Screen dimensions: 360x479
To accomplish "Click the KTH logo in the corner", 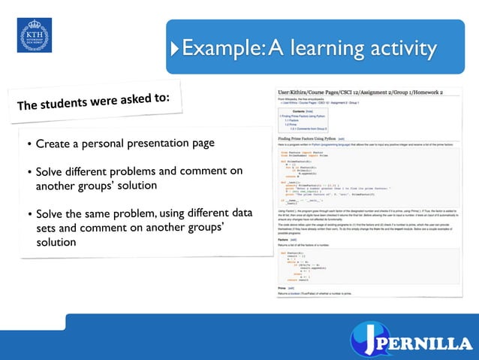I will (35, 35).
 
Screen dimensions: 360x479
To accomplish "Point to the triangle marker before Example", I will (176, 50).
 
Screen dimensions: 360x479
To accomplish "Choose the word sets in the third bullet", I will (47, 228).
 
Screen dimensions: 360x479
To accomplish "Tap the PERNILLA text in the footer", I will (429, 343).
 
